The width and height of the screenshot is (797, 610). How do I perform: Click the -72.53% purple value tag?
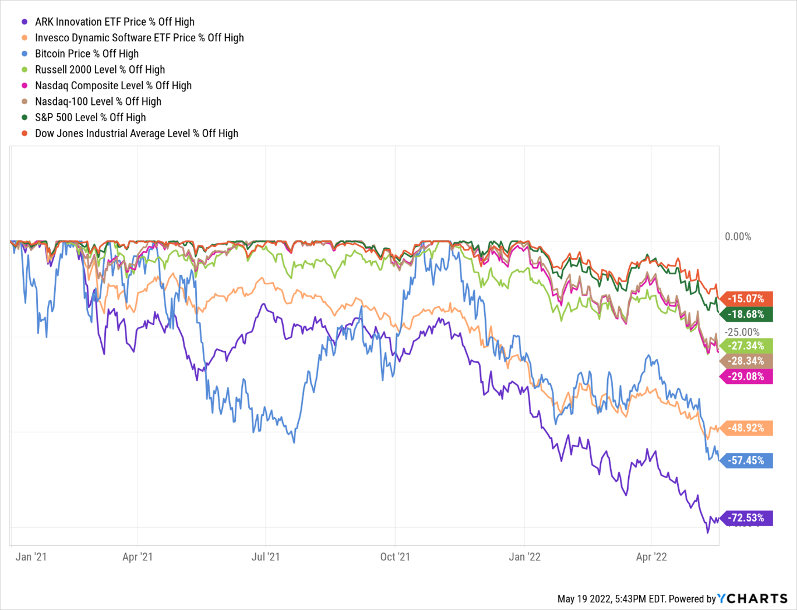(747, 518)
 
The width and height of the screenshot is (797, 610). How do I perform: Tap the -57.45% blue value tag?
(747, 461)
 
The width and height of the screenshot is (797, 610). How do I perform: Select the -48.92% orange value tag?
(747, 428)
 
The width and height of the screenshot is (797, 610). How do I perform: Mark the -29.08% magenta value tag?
(747, 376)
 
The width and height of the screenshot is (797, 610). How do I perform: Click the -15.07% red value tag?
(747, 299)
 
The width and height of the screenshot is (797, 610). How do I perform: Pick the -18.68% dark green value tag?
(747, 314)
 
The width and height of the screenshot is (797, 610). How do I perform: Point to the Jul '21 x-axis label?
(266, 557)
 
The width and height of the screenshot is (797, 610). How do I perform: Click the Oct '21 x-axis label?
(395, 557)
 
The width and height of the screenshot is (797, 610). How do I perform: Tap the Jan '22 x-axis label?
(524, 557)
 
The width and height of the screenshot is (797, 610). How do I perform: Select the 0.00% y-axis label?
(738, 237)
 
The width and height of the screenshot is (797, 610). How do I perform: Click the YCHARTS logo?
(752, 599)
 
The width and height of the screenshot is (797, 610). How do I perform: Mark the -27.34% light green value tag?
(747, 346)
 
